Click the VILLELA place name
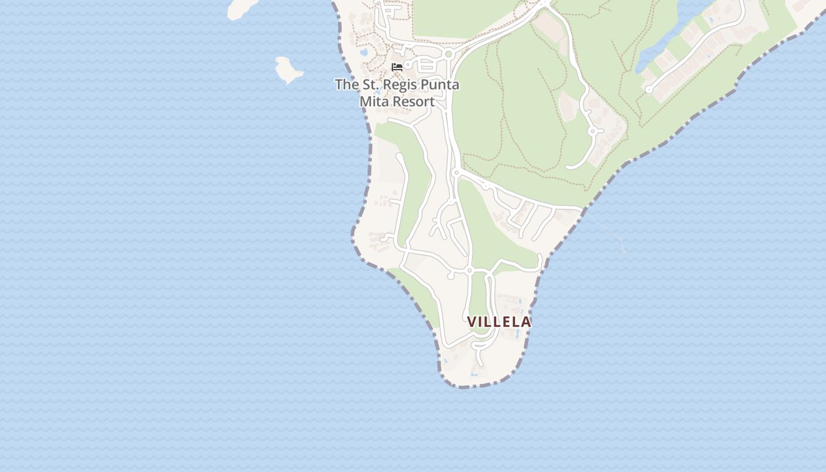(499, 322)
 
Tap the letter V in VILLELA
(472, 322)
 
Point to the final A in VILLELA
(526, 322)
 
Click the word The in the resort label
(346, 84)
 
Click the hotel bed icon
(397, 67)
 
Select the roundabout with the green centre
(448, 54)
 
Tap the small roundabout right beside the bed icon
(408, 64)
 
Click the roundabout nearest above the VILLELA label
(470, 270)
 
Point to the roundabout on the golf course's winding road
(594, 131)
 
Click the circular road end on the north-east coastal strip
(649, 90)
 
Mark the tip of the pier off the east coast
(624, 251)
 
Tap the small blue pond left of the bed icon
(363, 53)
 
